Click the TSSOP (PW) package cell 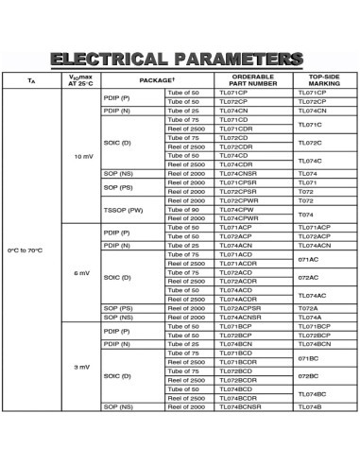click(x=123, y=209)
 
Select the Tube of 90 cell click(x=184, y=209)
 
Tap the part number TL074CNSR click(x=238, y=173)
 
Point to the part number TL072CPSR click(x=238, y=191)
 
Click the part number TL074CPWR click(x=238, y=218)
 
